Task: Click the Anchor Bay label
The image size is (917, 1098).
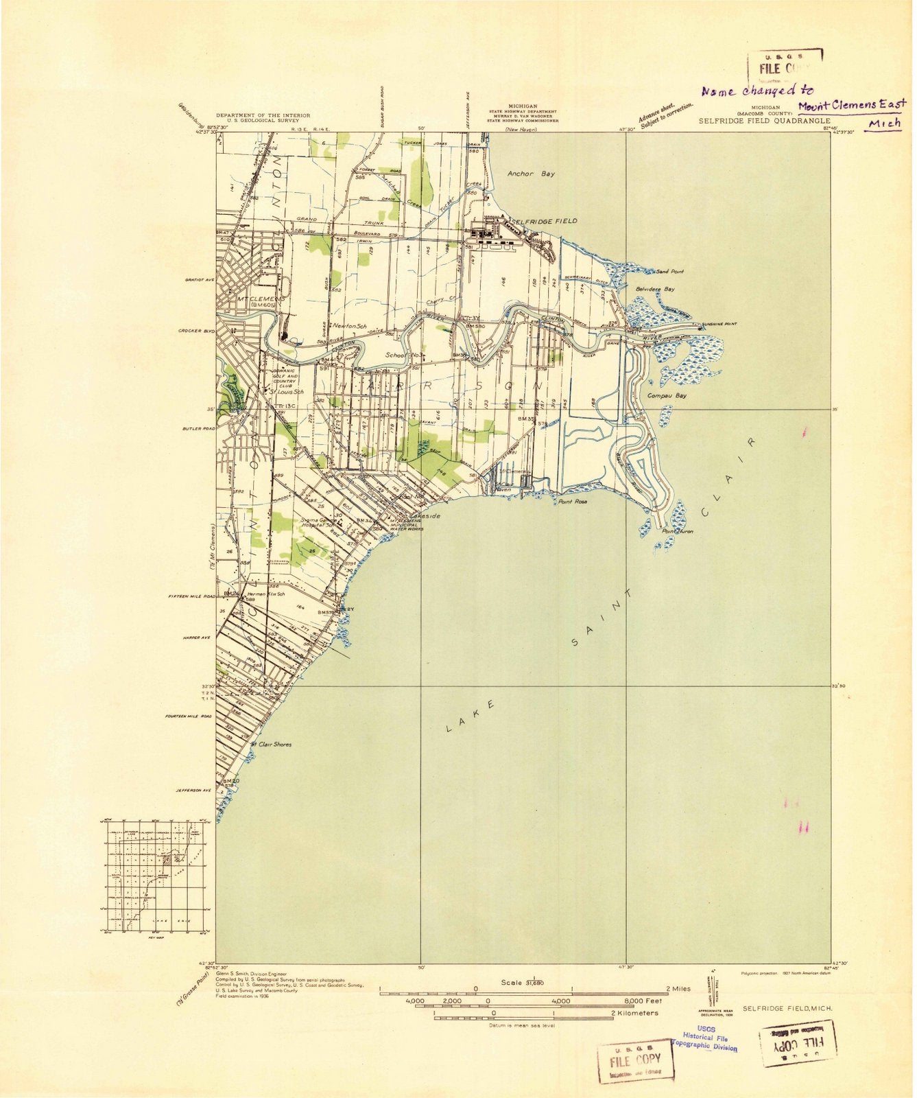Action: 531,174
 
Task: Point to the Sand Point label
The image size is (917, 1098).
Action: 669,272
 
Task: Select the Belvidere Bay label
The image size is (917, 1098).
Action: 655,290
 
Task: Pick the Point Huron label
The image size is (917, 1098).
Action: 678,531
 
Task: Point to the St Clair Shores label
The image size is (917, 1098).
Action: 270,744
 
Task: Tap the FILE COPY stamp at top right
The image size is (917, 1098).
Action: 784,67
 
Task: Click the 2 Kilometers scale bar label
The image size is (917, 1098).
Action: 634,1013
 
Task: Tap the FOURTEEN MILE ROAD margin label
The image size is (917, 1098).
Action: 188,716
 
